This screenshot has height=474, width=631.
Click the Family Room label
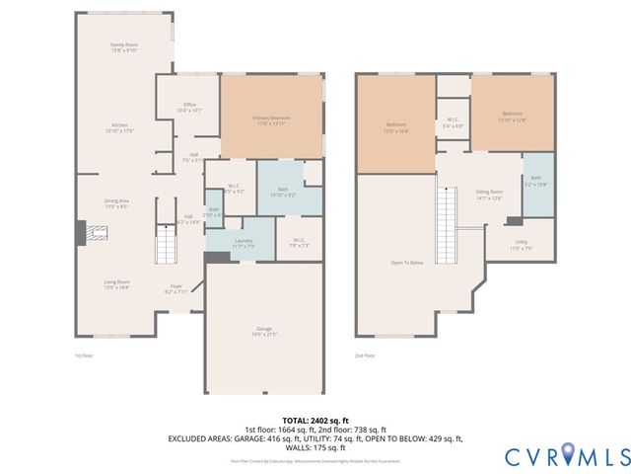(123, 47)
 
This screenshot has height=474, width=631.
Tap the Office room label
(189, 108)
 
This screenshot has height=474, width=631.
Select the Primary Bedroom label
(271, 120)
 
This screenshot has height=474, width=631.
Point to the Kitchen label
(119, 127)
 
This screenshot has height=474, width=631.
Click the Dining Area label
(116, 203)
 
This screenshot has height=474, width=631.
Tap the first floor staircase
(166, 243)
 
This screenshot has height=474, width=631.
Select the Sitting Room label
(489, 195)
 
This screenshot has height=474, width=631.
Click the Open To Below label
(407, 263)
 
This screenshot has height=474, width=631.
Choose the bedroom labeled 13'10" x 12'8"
(512, 116)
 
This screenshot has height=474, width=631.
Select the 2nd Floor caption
(366, 355)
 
